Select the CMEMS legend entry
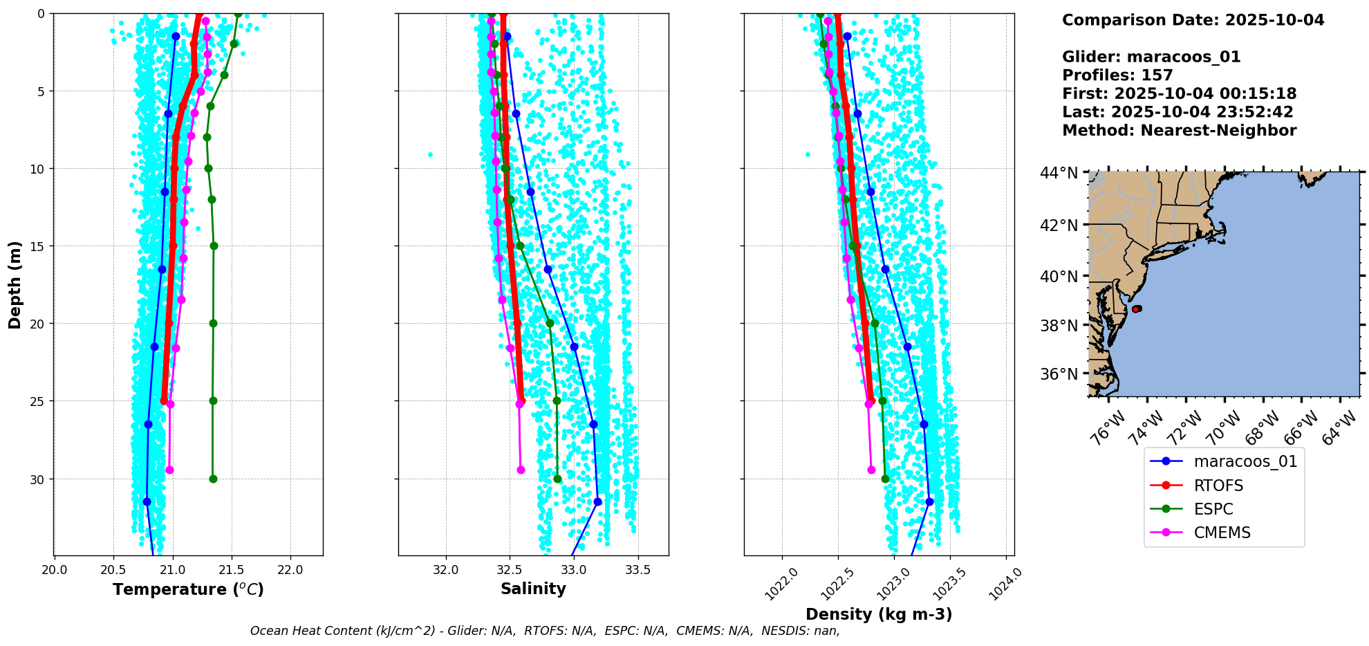coord(1222,533)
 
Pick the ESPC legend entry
coord(1213,509)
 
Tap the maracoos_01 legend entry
coord(1245,461)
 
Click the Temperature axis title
coord(188,589)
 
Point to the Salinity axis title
coord(533,589)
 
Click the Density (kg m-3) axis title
coord(879,614)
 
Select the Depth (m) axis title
coord(15,284)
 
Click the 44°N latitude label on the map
coord(1059,173)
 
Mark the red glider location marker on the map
coord(1137,308)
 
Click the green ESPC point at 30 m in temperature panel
coord(213,479)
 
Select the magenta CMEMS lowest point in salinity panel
coord(521,470)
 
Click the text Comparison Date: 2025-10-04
coord(1193,20)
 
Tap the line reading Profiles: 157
coord(1117,75)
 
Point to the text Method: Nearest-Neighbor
coord(1179,131)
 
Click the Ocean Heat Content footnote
coord(545,631)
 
